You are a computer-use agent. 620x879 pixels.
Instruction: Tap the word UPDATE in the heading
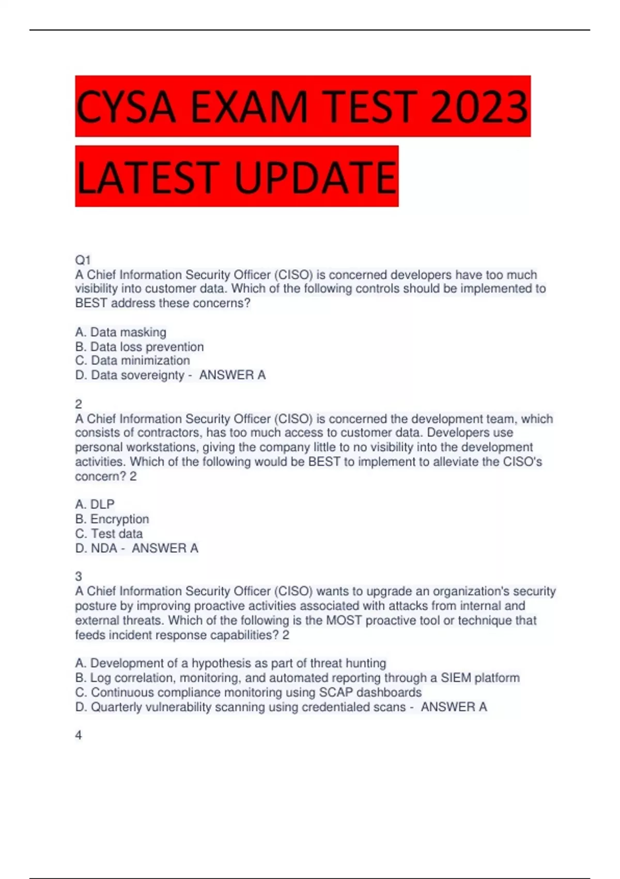point(316,177)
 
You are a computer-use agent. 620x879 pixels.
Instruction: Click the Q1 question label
point(83,260)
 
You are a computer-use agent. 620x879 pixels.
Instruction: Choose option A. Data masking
point(121,332)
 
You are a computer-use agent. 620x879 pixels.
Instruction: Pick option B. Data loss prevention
point(139,346)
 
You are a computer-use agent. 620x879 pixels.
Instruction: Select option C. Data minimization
point(133,360)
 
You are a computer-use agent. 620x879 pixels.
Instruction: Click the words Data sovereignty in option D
point(137,375)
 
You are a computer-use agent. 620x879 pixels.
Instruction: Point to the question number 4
point(79,735)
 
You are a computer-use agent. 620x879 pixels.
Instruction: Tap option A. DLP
point(95,504)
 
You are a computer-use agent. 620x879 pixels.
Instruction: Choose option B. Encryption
point(112,519)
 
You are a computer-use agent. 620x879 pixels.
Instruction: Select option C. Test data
point(109,533)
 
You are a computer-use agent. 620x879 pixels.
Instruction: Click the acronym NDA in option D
point(104,548)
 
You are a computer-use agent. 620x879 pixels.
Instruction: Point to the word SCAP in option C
point(336,692)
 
